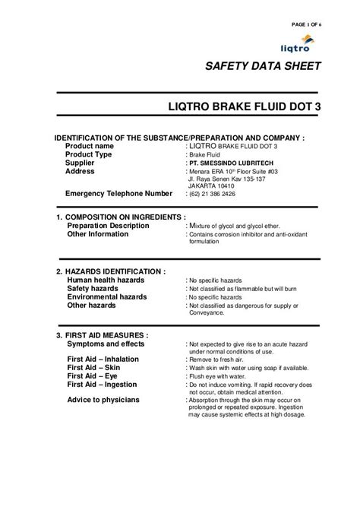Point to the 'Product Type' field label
click(90, 154)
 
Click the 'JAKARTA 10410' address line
click(213, 184)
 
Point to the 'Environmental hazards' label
click(107, 297)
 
